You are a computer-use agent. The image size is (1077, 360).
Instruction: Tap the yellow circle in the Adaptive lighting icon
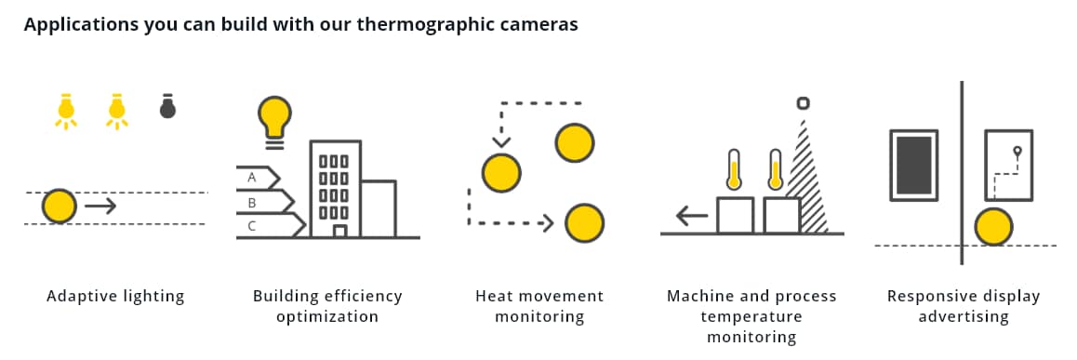60,206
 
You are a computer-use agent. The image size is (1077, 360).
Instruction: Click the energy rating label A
251,176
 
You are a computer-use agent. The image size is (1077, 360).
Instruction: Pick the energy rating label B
251,200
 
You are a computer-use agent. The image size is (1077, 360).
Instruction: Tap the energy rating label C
251,224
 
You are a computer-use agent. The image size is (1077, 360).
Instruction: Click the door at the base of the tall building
339,230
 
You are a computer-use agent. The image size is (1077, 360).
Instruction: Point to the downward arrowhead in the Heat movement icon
501,142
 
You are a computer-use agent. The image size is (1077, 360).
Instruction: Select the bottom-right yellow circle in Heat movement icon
585,223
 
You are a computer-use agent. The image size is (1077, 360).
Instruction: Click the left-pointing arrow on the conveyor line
692,217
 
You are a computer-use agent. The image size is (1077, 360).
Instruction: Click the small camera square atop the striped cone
803,103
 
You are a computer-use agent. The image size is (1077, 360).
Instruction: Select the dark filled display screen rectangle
912,165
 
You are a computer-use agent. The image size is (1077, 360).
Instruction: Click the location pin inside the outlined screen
1017,152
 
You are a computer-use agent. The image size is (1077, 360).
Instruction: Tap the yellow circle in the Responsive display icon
994,227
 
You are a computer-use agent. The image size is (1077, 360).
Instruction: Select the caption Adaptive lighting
115,297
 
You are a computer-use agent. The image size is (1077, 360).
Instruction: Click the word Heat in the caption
494,297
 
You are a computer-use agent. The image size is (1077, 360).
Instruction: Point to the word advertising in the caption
964,316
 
